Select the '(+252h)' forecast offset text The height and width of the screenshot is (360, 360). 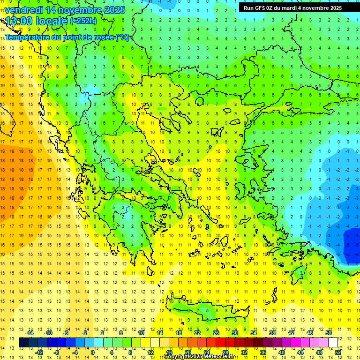pyautogui.click(x=83, y=21)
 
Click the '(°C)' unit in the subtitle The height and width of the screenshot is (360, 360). pyautogui.click(x=122, y=37)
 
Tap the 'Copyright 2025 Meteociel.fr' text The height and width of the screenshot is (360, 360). pyautogui.click(x=199, y=357)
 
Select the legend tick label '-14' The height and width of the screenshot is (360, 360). pyautogui.click(x=30, y=333)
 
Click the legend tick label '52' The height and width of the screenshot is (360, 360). pyautogui.click(x=337, y=352)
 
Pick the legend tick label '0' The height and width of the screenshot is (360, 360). pyautogui.click(x=92, y=352)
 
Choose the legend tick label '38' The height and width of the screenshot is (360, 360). pyautogui.click(x=272, y=333)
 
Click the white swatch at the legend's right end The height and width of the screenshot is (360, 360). pyautogui.click(x=333, y=343)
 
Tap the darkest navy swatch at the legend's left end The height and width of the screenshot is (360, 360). pyautogui.click(x=23, y=343)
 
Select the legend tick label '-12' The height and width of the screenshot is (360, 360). pyautogui.click(x=39, y=352)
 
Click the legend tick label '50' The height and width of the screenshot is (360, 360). pyautogui.click(x=329, y=333)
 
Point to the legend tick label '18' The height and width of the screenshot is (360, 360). pyautogui.click(x=179, y=333)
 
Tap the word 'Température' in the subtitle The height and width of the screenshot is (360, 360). pyautogui.click(x=28, y=37)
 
